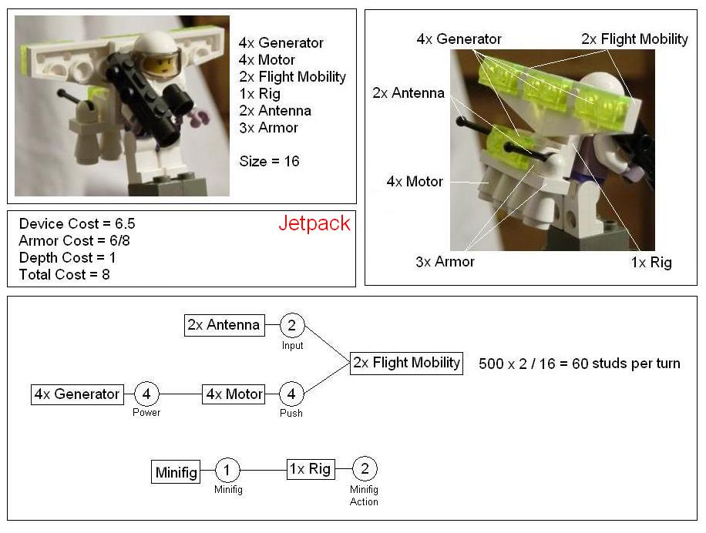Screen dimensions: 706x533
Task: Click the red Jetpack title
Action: [x=314, y=223]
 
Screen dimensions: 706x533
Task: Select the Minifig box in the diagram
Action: [x=176, y=472]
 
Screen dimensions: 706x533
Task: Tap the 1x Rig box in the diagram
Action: [x=311, y=469]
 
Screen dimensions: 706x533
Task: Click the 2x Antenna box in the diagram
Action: [x=225, y=325]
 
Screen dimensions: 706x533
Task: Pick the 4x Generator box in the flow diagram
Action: [x=77, y=394]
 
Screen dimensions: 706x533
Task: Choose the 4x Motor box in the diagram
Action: [x=234, y=394]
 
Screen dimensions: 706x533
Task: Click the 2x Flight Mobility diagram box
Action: [x=407, y=363]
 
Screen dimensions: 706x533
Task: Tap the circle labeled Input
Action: [x=292, y=325]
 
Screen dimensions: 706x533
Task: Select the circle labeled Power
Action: [x=146, y=394]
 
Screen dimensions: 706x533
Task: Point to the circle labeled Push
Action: [x=291, y=394]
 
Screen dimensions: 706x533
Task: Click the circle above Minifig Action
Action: [x=365, y=468]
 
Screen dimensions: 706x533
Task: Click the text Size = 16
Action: [x=269, y=161]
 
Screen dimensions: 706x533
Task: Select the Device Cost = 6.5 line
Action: [x=77, y=223]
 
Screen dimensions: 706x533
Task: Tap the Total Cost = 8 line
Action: [x=65, y=274]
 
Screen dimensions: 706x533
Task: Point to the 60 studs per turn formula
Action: [x=580, y=364]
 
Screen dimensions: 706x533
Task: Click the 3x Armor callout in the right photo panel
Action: [x=445, y=262]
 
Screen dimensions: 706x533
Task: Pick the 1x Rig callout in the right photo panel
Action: [x=651, y=262]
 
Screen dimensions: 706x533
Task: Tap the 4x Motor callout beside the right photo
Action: [x=415, y=181]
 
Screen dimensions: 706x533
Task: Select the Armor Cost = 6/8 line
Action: [x=74, y=240]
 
